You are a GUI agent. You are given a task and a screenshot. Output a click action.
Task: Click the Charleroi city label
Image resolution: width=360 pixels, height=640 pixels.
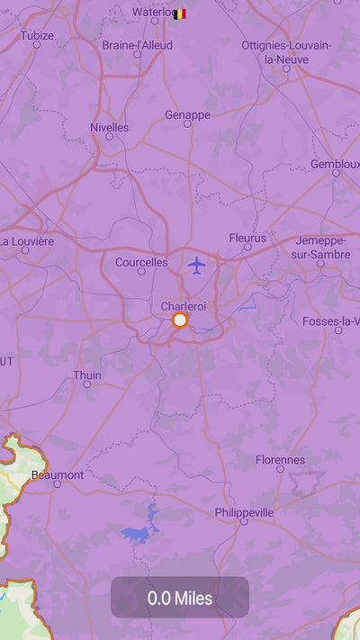click(x=184, y=306)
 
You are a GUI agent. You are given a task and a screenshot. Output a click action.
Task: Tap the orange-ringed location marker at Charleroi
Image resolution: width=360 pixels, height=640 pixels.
click(x=180, y=320)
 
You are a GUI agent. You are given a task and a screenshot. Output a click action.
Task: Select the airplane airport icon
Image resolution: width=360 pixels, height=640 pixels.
click(x=197, y=265)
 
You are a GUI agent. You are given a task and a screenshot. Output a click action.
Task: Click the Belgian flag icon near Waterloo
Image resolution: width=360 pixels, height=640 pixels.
click(x=180, y=14)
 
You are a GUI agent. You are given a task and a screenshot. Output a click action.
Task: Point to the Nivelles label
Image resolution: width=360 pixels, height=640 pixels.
click(x=109, y=127)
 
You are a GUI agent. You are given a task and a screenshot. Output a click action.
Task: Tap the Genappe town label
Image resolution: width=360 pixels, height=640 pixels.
click(x=187, y=114)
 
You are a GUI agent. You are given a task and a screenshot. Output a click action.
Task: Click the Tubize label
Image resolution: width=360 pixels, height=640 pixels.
click(x=38, y=35)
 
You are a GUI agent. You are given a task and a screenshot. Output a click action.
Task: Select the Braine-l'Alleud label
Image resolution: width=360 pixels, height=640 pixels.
click(x=137, y=44)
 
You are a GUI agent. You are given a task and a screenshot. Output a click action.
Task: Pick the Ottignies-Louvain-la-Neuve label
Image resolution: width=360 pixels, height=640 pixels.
click(x=286, y=52)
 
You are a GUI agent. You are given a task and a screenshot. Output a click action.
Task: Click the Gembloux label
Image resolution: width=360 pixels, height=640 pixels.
click(x=335, y=164)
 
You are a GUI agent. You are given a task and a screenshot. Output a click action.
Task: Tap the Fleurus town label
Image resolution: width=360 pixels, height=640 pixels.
click(x=247, y=238)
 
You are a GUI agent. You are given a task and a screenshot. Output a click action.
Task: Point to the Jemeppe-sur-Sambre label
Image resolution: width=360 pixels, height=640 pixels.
click(x=320, y=248)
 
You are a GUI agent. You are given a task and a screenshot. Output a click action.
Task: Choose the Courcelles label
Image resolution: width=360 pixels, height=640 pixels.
click(x=141, y=262)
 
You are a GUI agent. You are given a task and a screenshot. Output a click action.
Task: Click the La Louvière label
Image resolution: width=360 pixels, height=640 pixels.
click(x=27, y=241)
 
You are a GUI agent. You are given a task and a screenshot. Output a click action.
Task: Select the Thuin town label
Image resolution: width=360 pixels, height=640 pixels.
click(x=87, y=374)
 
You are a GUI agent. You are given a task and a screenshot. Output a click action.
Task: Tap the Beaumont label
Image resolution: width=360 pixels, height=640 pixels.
click(x=57, y=474)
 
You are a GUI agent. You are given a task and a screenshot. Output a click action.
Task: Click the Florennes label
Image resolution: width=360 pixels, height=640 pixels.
click(x=280, y=459)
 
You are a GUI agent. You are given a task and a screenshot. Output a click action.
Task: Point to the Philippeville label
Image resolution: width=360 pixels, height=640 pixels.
click(x=244, y=512)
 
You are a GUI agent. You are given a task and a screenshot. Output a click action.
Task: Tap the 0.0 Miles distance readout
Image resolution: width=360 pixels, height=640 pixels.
click(x=180, y=598)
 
